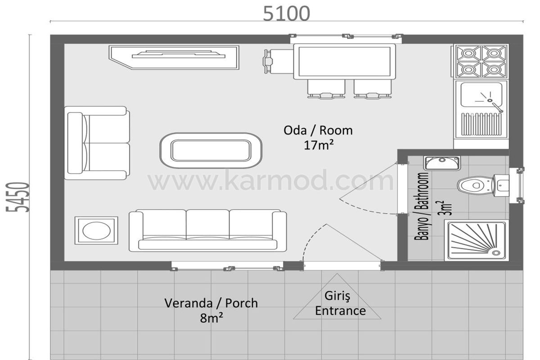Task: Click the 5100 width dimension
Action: [286, 13]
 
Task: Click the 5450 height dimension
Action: [18, 197]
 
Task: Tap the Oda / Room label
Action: [318, 130]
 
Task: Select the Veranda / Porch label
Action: [211, 303]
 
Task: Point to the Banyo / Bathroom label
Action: [421, 206]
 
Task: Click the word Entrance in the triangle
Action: [340, 311]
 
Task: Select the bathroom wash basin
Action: [442, 163]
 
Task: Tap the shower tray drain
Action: [496, 253]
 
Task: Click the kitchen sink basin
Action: [481, 95]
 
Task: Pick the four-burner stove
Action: [481, 61]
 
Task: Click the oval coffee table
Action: [211, 150]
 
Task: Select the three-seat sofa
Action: [208, 230]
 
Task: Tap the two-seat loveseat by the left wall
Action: [97, 143]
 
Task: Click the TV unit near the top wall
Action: [174, 58]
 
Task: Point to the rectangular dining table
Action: [344, 62]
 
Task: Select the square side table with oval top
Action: [96, 230]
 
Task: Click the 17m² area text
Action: [319, 145]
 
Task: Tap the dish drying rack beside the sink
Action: [481, 124]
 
